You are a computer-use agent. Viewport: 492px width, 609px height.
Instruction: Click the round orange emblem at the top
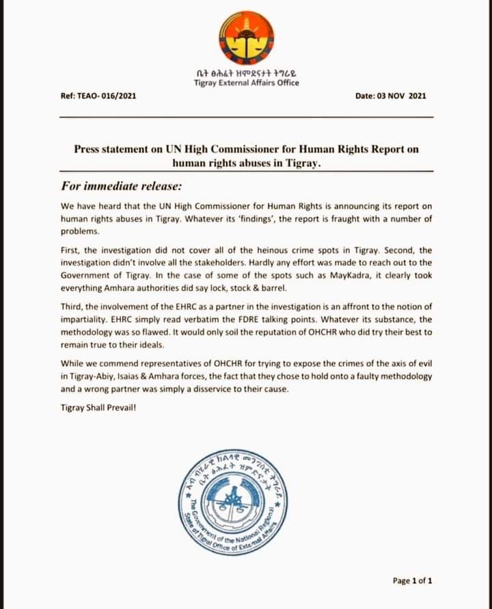coord(246,38)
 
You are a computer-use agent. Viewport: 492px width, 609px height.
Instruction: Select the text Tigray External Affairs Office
coord(246,83)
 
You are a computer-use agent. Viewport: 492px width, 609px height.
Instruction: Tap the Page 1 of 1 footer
coord(412,581)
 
